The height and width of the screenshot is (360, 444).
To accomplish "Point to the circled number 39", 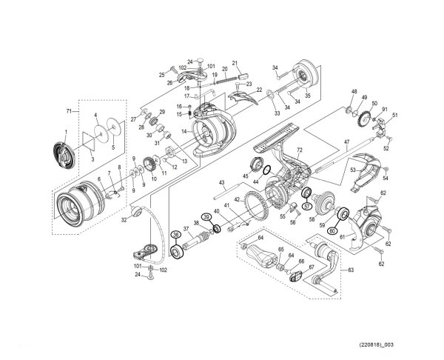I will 206,217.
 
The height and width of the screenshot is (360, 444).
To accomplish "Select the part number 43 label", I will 221,182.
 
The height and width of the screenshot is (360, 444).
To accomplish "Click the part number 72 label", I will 300,150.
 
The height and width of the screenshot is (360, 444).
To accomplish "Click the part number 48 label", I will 354,92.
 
